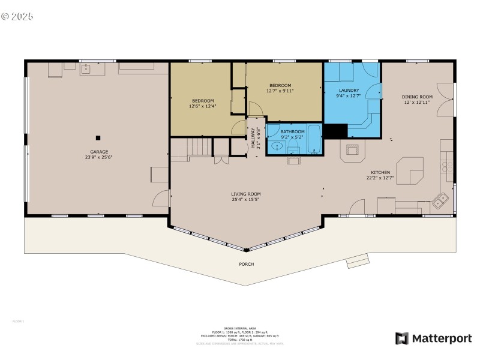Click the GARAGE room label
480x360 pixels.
pos(99,152)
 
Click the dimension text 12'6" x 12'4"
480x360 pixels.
pos(202,106)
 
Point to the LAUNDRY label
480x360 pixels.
pos(348,90)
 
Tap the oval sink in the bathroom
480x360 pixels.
pos(277,146)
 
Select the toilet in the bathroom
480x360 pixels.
pos(294,159)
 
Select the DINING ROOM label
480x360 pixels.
pos(417,97)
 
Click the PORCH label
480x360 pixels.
pos(247,264)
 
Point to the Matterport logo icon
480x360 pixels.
pos(401,338)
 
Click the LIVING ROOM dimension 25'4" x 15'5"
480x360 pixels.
pos(246,200)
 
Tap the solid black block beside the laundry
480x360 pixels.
pos(336,131)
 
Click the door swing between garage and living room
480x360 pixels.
pos(161,199)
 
